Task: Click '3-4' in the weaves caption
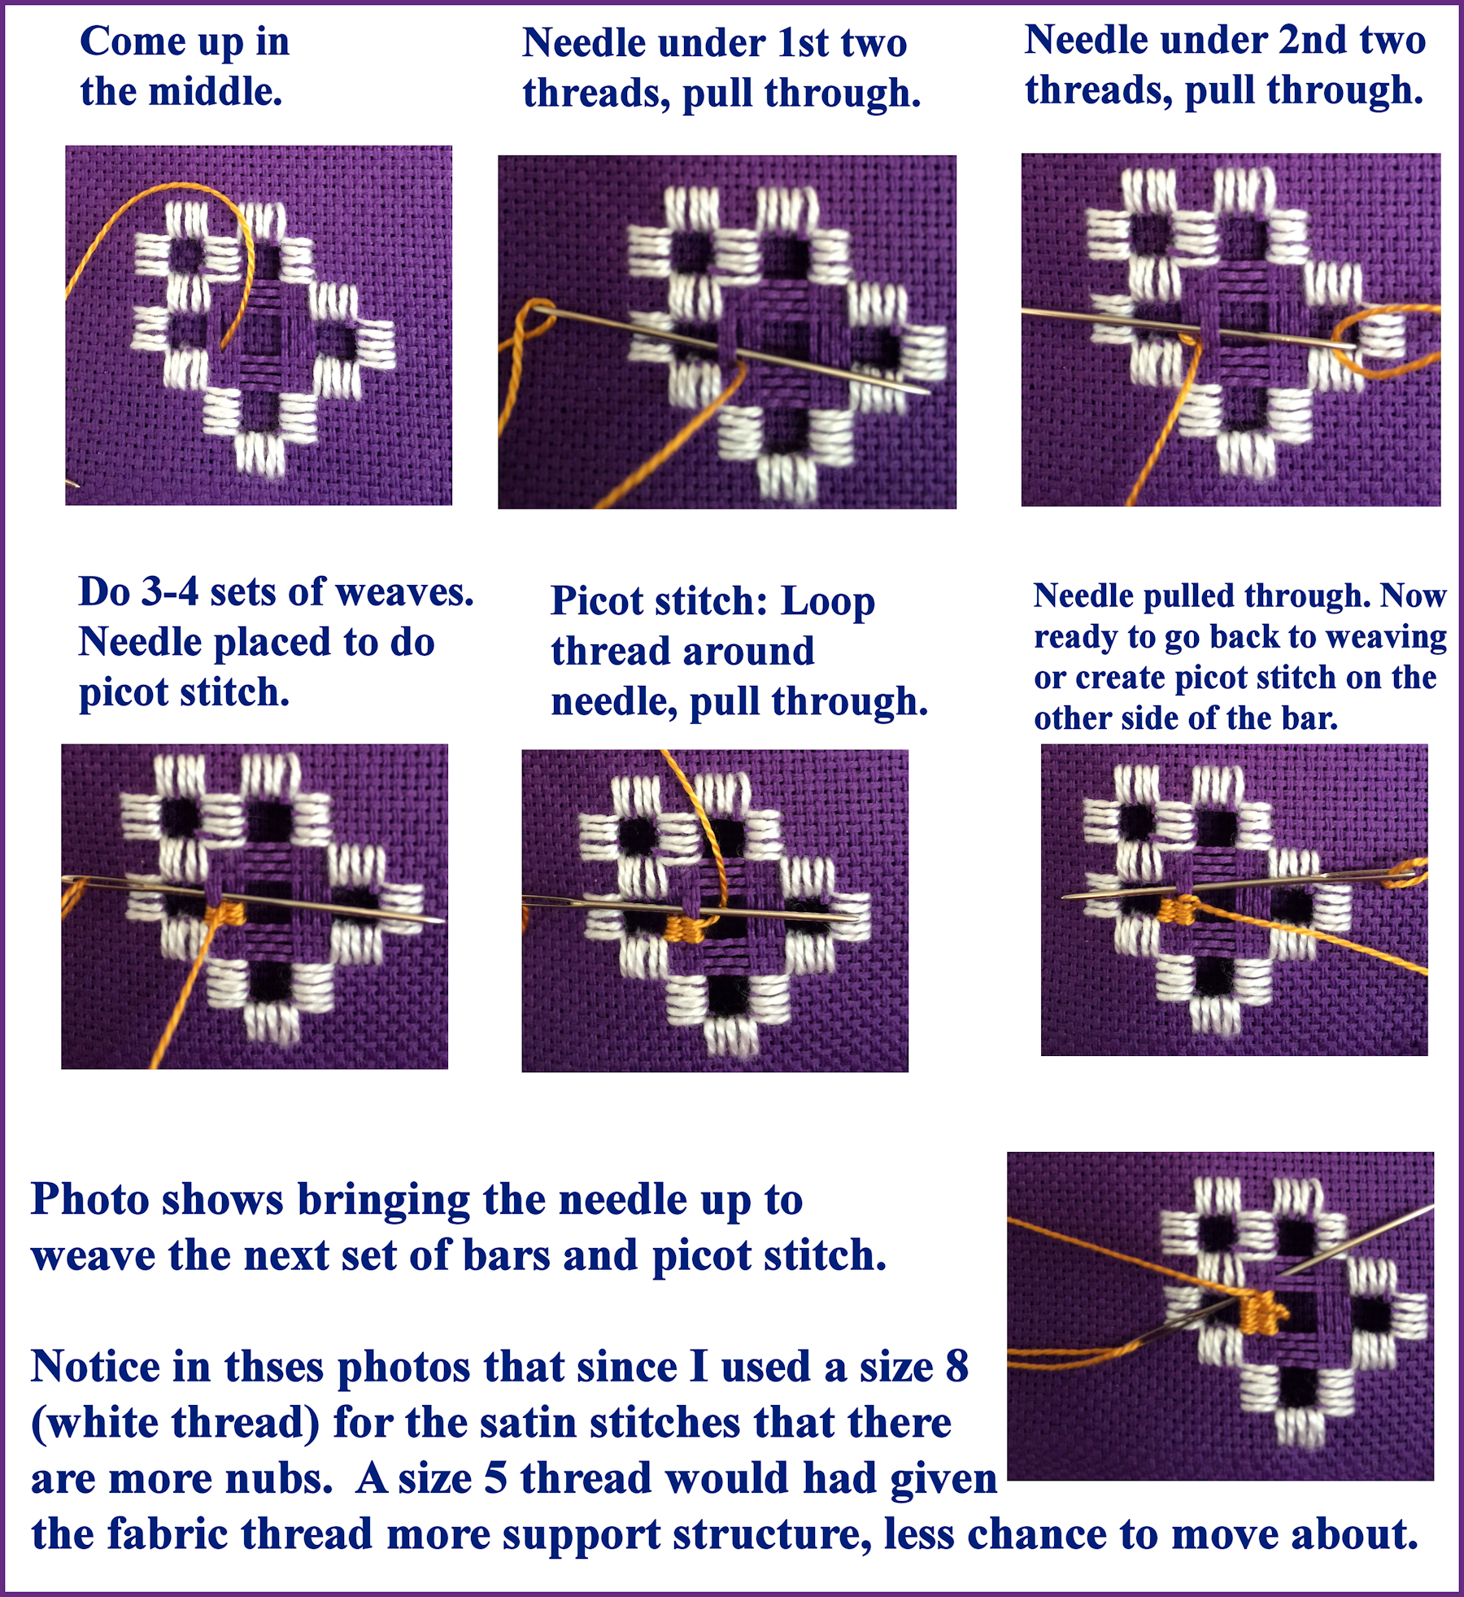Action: [169, 591]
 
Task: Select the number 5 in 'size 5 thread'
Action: [496, 1478]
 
